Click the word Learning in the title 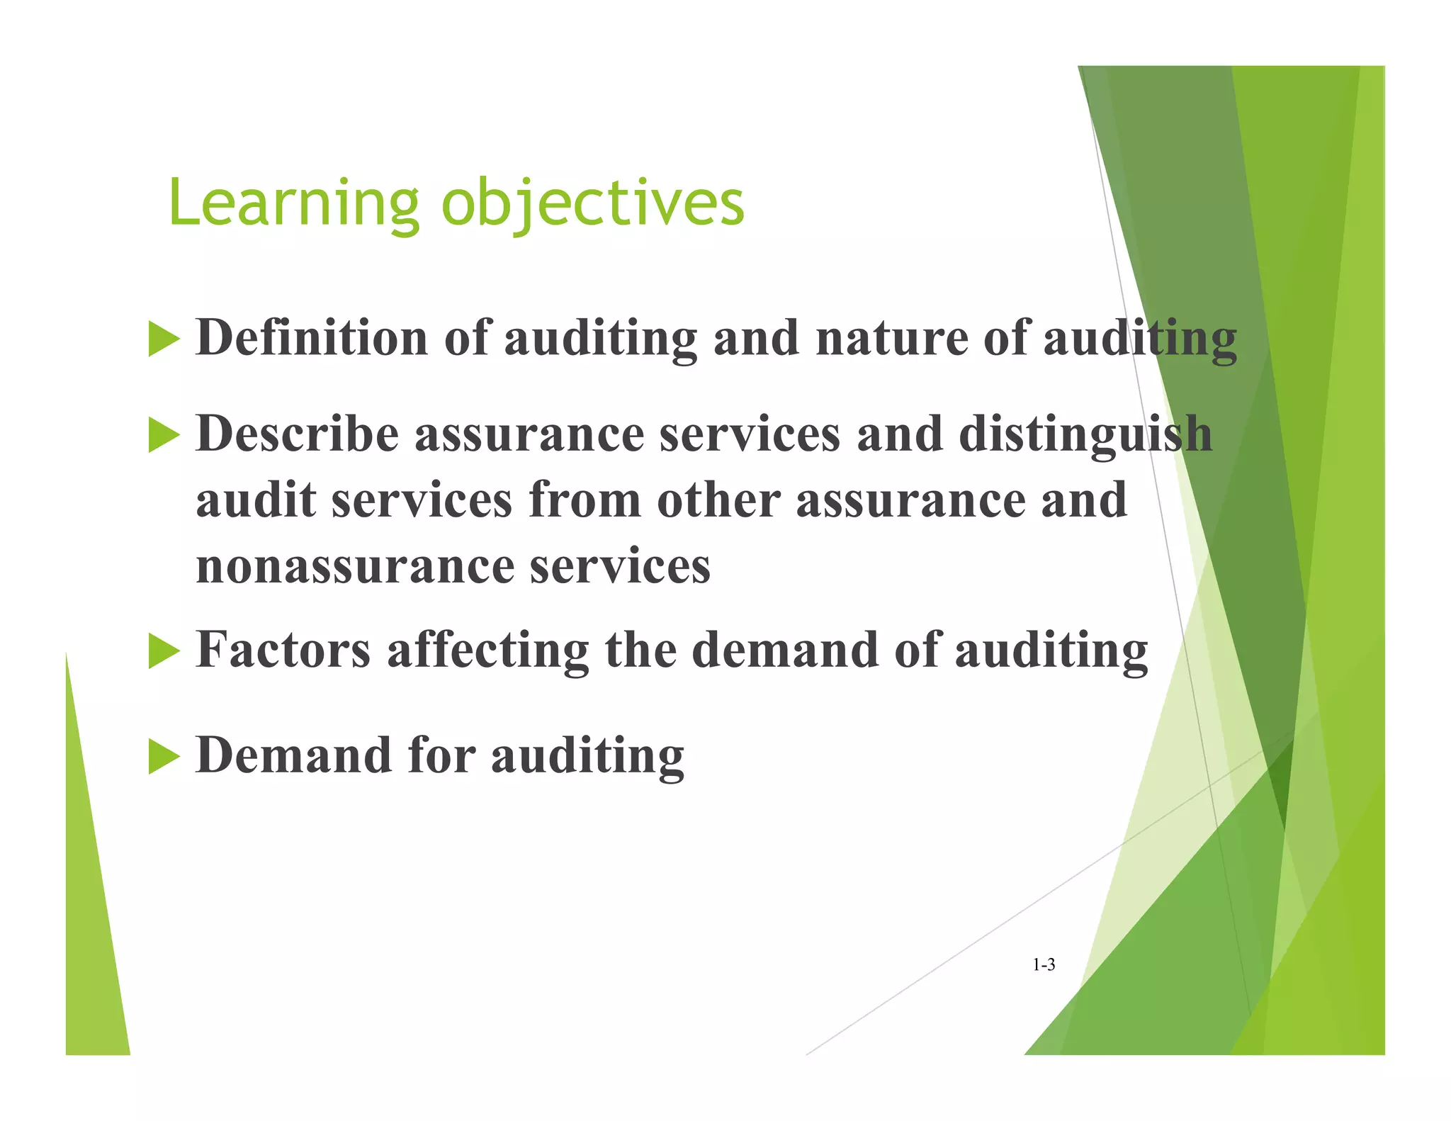(x=294, y=203)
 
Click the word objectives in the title (x=592, y=203)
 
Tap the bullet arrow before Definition (x=164, y=339)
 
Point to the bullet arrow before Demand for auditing (x=164, y=756)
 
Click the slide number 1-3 (x=1044, y=964)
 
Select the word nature (x=891, y=339)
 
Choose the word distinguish (x=1085, y=435)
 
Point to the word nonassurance (x=355, y=567)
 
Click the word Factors (x=283, y=649)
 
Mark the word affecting (x=487, y=650)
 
